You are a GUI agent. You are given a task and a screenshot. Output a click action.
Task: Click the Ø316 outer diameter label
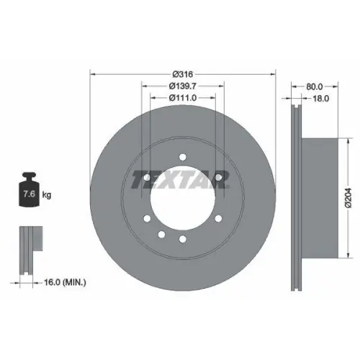[181, 74]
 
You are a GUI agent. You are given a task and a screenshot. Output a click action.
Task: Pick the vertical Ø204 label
[348, 194]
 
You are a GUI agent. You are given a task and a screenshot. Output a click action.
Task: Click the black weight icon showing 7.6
[30, 191]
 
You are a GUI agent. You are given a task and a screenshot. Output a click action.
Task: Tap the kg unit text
[46, 194]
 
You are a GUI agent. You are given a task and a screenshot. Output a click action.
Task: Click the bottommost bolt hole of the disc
[183, 238]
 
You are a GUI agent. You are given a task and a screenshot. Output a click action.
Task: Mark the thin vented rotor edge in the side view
[295, 194]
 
